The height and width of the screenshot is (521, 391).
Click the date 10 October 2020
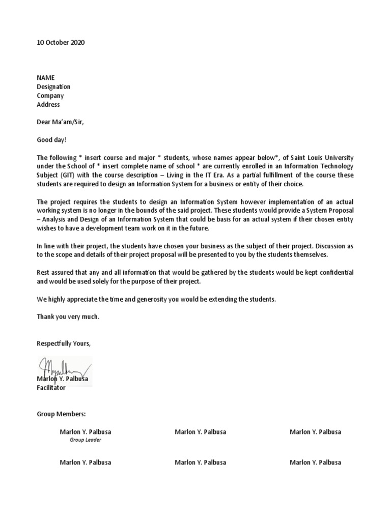61,43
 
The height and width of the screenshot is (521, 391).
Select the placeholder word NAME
45,78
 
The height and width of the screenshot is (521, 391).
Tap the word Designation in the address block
53,87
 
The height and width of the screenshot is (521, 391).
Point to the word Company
50,96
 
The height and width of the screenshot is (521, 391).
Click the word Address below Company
48,105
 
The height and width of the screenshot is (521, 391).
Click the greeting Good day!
51,139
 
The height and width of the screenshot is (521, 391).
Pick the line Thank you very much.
68,317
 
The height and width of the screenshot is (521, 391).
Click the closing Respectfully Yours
64,343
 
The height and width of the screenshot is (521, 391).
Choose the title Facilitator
51,388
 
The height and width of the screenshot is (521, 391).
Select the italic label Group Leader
85,440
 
